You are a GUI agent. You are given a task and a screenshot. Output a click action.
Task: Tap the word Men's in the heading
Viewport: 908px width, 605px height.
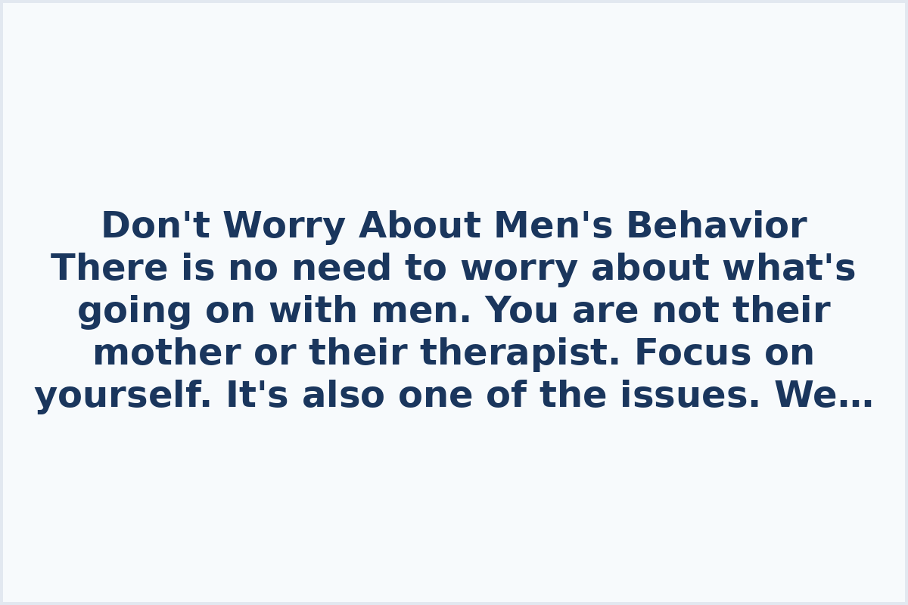553,226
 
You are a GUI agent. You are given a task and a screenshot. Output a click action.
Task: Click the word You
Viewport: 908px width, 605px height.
522,311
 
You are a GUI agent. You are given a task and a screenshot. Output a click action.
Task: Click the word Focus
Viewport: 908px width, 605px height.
692,353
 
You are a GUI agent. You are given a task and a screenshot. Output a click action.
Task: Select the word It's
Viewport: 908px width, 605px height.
257,396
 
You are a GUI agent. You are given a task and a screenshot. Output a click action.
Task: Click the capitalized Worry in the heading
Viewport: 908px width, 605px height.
284,226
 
